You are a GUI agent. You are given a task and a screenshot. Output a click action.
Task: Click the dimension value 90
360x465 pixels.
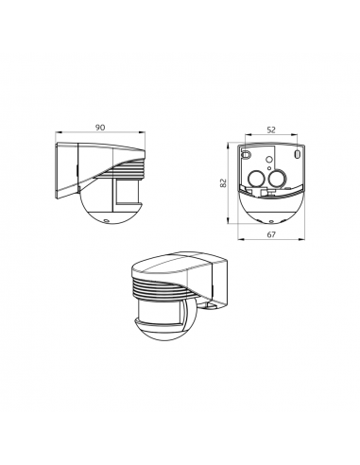coord(100,128)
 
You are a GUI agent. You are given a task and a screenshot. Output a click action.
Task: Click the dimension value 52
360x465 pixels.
coord(271,129)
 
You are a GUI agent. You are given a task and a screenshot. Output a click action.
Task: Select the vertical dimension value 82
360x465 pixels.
coord(223,183)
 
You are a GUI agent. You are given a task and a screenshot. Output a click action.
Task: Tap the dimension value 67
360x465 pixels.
coord(271,234)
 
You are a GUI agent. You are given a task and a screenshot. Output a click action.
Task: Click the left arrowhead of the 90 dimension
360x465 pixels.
coord(58,132)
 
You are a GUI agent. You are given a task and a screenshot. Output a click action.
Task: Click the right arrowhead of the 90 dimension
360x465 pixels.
coord(143,132)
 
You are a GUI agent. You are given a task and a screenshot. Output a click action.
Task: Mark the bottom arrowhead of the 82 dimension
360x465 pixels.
coord(228,221)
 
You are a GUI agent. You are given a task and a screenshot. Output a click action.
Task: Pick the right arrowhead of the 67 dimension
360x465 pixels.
coord(302,239)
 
